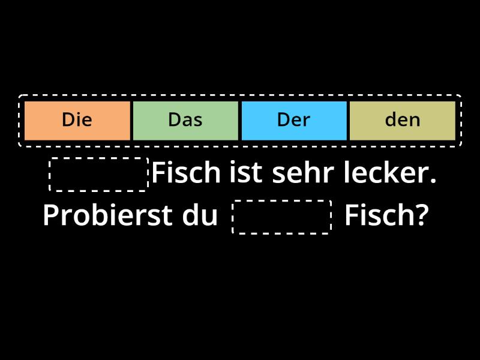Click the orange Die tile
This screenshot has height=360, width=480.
[x=77, y=121]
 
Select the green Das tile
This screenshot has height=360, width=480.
[x=185, y=121]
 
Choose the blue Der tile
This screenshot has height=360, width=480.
[x=294, y=121]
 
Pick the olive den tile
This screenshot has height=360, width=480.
[x=403, y=121]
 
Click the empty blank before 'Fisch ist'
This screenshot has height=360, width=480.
[x=98, y=175]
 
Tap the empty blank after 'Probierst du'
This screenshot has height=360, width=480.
[x=281, y=217]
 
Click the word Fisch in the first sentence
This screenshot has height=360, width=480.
[x=187, y=172]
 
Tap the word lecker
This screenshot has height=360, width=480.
[x=385, y=172]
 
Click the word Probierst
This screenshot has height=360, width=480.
[x=108, y=215]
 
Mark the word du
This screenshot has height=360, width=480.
[x=200, y=215]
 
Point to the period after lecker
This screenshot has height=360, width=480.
[x=433, y=181]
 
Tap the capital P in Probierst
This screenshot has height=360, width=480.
[x=51, y=215]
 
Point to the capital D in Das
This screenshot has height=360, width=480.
[x=175, y=119]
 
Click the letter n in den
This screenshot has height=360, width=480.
[x=415, y=122]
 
